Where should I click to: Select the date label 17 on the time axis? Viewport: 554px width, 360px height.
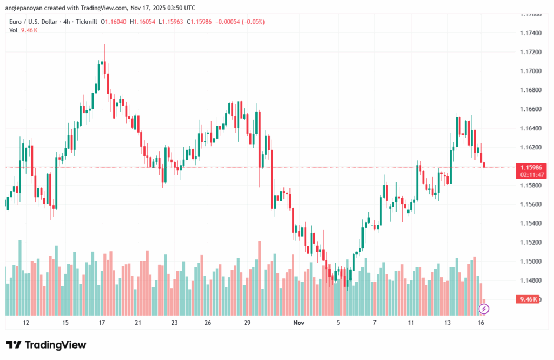tap(101, 323)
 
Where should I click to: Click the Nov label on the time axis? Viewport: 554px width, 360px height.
tap(299, 323)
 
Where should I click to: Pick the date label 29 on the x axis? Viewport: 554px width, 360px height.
tap(247, 323)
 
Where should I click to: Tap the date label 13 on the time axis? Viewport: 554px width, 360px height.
tap(447, 323)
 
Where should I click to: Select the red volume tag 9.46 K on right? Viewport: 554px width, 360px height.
tap(528, 299)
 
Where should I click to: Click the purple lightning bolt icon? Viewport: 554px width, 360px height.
tap(484, 309)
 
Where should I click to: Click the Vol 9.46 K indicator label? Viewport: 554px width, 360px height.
tap(23, 30)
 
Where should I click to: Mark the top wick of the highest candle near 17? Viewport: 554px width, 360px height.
tap(104, 45)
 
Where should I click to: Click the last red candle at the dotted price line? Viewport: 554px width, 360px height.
tap(484, 165)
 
